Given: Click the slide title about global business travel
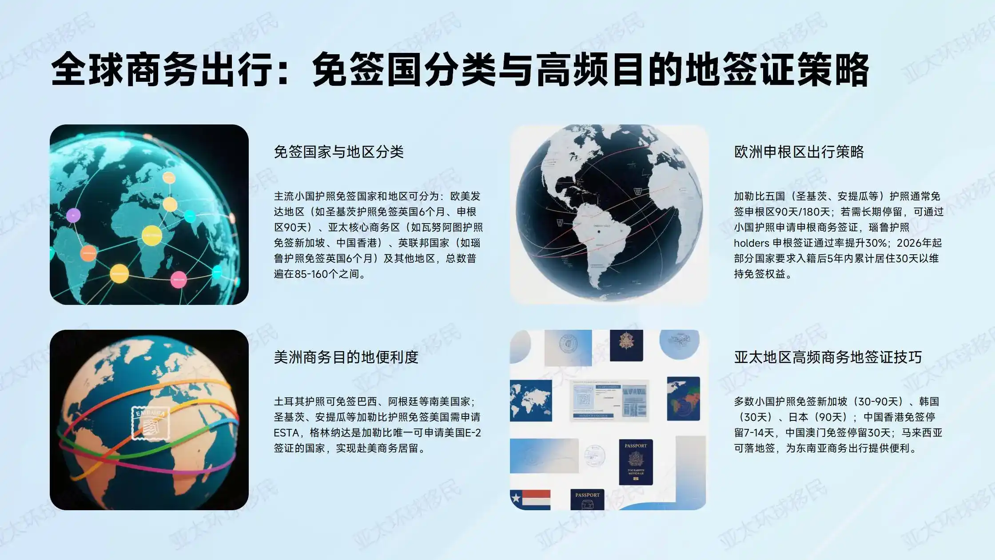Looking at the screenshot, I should [460, 69].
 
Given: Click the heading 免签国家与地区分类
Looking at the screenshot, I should [338, 152].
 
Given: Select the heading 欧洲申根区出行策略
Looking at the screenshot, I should [799, 152].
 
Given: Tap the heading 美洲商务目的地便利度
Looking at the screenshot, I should [346, 357].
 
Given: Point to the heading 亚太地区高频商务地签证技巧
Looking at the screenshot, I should [828, 357].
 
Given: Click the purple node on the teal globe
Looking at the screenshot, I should [73, 216].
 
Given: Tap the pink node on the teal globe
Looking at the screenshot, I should [179, 280].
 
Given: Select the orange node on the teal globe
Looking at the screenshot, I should [88, 253].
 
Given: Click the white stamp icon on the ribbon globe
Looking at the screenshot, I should [151, 423].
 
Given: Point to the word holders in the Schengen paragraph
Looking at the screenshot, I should [751, 243].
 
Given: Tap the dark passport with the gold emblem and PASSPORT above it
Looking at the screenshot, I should [636, 462].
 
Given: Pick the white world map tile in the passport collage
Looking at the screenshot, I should [531, 400].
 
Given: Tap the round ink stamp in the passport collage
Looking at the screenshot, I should [594, 456].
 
